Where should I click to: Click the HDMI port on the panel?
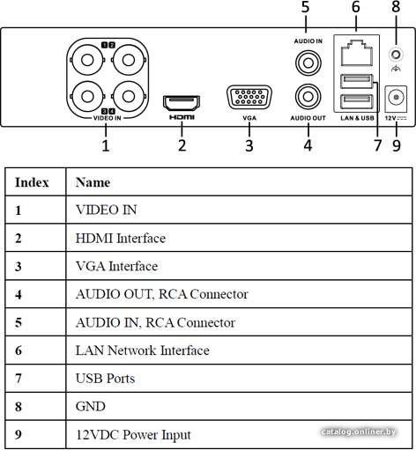pos(182,103)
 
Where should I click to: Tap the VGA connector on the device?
pos(249,97)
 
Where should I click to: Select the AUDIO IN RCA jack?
pos(308,63)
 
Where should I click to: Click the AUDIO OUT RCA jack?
pos(308,97)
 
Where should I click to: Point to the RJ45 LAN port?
pos(357,53)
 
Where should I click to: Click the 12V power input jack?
pos(396,99)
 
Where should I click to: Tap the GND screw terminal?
pos(396,55)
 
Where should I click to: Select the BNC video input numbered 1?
pos(87,60)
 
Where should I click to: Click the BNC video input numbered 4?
pos(129,96)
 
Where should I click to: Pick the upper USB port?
pos(356,81)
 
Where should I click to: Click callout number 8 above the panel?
pos(396,6)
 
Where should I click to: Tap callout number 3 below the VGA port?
pos(249,145)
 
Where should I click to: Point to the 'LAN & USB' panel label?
pos(357,118)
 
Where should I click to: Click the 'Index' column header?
pos(32,182)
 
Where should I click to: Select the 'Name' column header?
pos(93,182)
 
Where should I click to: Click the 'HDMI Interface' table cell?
pos(121,238)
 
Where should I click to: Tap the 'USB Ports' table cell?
pos(105,378)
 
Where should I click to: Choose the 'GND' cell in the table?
pos(91,407)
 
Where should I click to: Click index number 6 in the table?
pos(19,350)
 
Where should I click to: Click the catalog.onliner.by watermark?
pos(359,432)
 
